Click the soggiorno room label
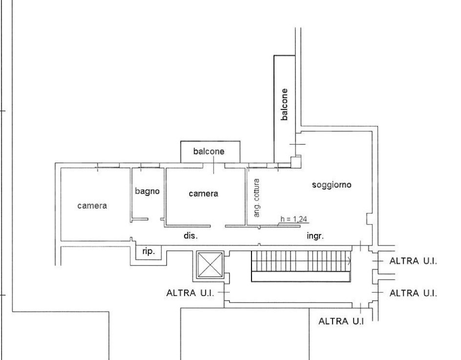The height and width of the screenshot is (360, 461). pyautogui.click(x=331, y=185)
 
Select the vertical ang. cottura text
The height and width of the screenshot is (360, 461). pyautogui.click(x=256, y=197)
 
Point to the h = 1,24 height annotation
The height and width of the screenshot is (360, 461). pyautogui.click(x=294, y=218)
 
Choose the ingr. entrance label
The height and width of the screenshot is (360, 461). pyautogui.click(x=315, y=235)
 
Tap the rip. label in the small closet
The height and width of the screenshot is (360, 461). pyautogui.click(x=148, y=251)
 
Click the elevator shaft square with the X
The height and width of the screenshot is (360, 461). pyautogui.click(x=209, y=264)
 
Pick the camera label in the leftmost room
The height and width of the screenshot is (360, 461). pyautogui.click(x=92, y=205)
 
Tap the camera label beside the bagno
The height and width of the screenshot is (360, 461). pyautogui.click(x=203, y=193)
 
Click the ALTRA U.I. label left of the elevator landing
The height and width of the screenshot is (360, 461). pyautogui.click(x=189, y=292)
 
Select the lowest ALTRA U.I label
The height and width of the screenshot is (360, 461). pyautogui.click(x=341, y=321)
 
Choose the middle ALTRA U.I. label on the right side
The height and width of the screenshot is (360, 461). pyautogui.click(x=412, y=292)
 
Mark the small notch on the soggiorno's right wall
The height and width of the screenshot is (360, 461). pyautogui.click(x=369, y=219)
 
